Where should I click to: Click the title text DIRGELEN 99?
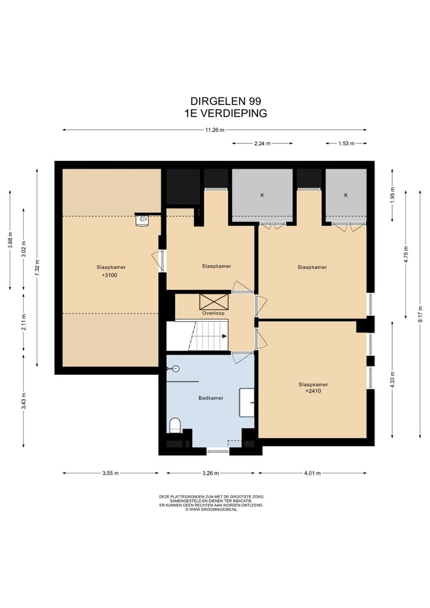pyautogui.click(x=226, y=101)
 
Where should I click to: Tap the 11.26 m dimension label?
pyautogui.click(x=214, y=130)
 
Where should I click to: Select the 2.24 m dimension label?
pyautogui.click(x=262, y=143)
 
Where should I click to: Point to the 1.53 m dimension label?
pyautogui.click(x=346, y=143)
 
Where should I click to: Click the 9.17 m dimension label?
pyautogui.click(x=420, y=314)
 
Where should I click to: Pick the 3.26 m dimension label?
pyautogui.click(x=210, y=473)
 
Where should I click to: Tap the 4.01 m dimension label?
pyautogui.click(x=312, y=473)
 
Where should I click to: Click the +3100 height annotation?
pyautogui.click(x=110, y=276)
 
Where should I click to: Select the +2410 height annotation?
pyautogui.click(x=314, y=391)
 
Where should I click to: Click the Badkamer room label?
pyautogui.click(x=211, y=398)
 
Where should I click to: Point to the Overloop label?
pyautogui.click(x=213, y=313)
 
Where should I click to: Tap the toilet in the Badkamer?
pyautogui.click(x=175, y=426)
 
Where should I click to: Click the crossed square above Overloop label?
pyautogui.click(x=214, y=302)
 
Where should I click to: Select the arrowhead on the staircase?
pyautogui.click(x=225, y=336)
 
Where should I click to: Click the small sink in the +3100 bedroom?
pyautogui.click(x=142, y=220)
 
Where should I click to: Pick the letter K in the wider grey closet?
pyautogui.click(x=262, y=195)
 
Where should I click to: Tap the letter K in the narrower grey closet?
pyautogui.click(x=346, y=195)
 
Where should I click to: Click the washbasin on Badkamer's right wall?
pyautogui.click(x=247, y=402)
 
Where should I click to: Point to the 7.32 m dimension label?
pyautogui.click(x=37, y=268)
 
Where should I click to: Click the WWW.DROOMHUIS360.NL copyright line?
pyautogui.click(x=211, y=509)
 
